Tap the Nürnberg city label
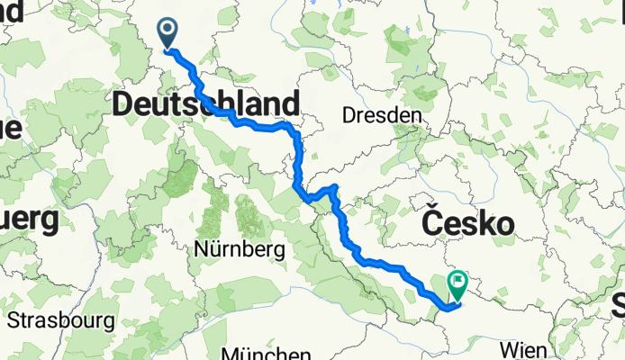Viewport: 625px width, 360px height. point(240,247)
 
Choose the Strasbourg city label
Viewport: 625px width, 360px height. point(61,319)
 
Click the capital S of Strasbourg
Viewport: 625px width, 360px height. point(13,320)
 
